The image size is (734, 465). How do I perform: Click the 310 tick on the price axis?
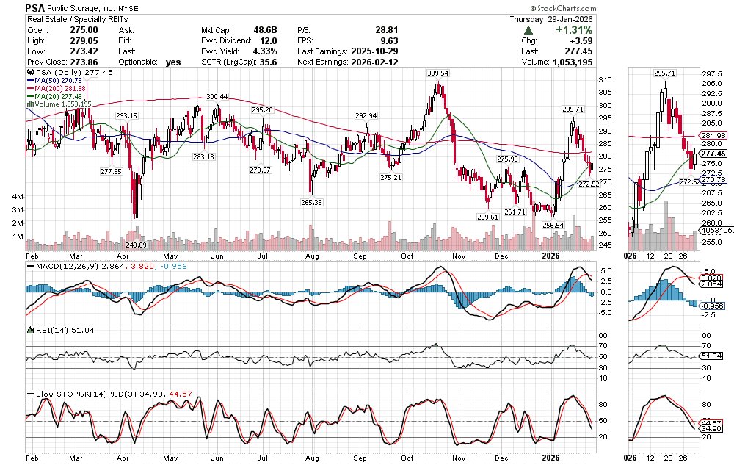[606, 79]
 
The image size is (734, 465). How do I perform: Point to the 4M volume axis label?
[16, 197]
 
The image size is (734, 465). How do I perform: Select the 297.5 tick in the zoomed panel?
[711, 74]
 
